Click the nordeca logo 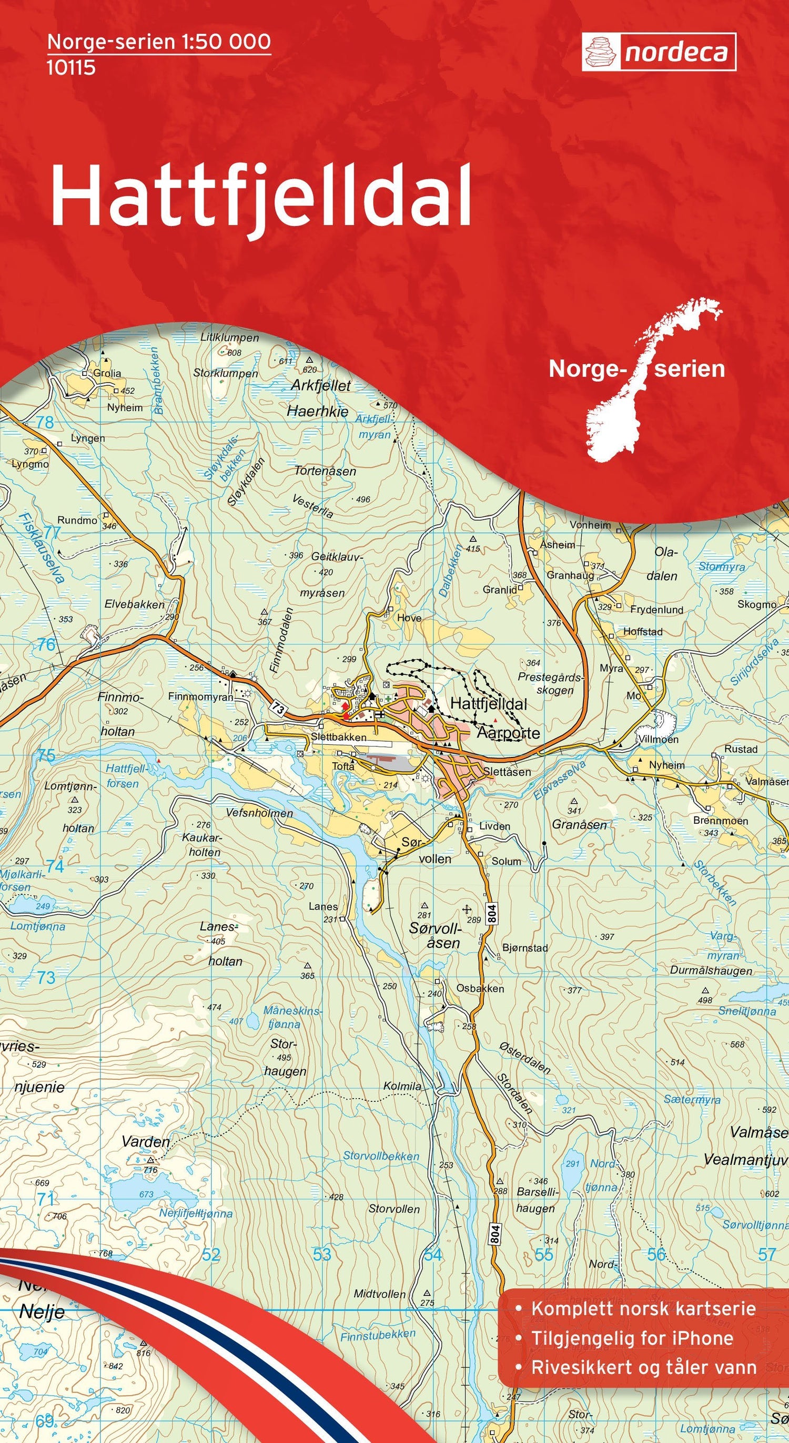659,52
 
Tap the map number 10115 71,68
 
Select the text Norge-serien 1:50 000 159,42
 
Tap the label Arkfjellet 320,385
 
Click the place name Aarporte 508,733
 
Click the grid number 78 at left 45,422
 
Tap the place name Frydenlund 656,609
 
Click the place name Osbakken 480,989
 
